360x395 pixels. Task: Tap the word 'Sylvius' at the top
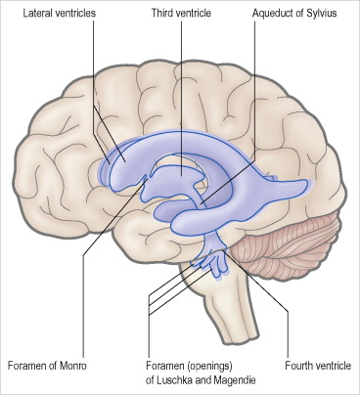click(324, 15)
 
